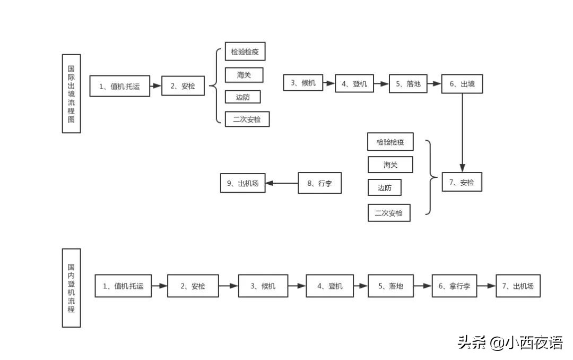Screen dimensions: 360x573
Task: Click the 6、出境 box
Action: pyautogui.click(x=462, y=84)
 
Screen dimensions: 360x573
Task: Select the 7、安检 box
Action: pyautogui.click(x=462, y=182)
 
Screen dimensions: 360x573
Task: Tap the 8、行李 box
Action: pyautogui.click(x=319, y=183)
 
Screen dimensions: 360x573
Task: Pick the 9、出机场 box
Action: pyautogui.click(x=242, y=183)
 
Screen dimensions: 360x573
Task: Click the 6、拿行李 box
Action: pyautogui.click(x=454, y=286)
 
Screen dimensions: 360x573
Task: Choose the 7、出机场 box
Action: pyautogui.click(x=518, y=286)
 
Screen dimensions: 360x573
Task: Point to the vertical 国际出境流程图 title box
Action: pyautogui.click(x=71, y=93)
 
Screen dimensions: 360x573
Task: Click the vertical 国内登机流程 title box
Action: pyautogui.click(x=71, y=287)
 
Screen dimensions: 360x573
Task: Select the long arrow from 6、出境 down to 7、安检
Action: pyautogui.click(x=462, y=133)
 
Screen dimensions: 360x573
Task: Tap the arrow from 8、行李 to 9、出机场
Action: pyautogui.click(x=281, y=183)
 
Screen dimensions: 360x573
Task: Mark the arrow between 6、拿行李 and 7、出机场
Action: pyautogui.click(x=485, y=286)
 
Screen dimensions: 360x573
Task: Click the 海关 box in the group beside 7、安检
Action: pyautogui.click(x=390, y=165)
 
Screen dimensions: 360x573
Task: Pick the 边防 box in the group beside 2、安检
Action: pyautogui.click(x=242, y=97)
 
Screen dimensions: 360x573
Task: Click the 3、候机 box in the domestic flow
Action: pyautogui.click(x=263, y=286)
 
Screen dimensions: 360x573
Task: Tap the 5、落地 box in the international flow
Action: pyautogui.click(x=408, y=83)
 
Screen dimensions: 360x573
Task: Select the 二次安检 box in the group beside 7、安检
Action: pyautogui.click(x=389, y=213)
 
